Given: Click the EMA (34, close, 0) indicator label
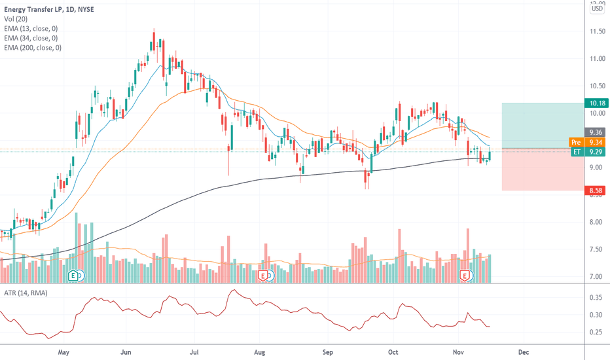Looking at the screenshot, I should click(x=31, y=37).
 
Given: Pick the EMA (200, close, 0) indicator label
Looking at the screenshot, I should click(x=33, y=48).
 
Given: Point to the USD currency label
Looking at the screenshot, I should click(x=597, y=9).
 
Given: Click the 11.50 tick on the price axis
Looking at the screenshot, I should click(x=596, y=31).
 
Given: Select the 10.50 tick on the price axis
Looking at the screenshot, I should click(x=596, y=86).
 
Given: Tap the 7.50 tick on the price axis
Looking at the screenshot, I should click(x=596, y=249).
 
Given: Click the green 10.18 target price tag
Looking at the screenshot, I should click(x=597, y=103).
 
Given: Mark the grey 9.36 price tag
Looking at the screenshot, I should click(x=597, y=131).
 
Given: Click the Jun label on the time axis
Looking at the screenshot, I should click(x=128, y=352).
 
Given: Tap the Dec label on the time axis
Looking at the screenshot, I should click(x=523, y=352).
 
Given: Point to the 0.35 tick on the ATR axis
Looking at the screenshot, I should click(x=596, y=297).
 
